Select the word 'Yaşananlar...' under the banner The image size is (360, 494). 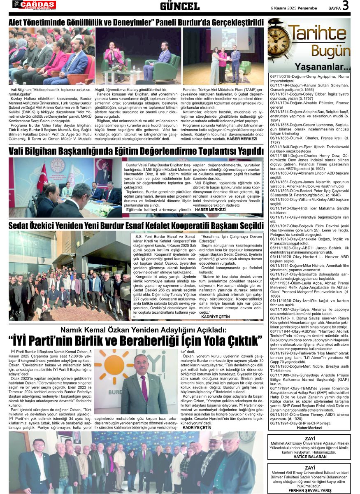pos(323,67)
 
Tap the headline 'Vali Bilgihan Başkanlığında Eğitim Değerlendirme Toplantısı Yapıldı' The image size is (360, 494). pos(136,151)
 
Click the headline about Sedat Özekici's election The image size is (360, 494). pos(136,226)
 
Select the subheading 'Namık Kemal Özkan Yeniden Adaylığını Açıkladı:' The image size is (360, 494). pos(144,330)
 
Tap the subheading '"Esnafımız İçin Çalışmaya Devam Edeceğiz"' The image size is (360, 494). pos(231,239)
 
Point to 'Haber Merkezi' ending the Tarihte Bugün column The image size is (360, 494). pos(309,428)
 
